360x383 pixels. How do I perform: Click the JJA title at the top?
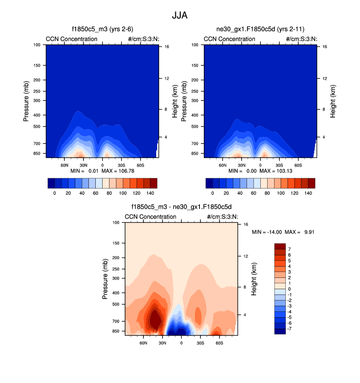(180, 15)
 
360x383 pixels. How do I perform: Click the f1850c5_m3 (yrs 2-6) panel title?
(102, 29)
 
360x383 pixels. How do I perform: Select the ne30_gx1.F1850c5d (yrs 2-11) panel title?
(260, 29)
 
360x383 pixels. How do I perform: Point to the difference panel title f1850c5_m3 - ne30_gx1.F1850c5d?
(181, 207)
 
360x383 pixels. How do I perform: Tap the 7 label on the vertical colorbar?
(289, 249)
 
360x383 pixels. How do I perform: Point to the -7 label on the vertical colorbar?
(290, 328)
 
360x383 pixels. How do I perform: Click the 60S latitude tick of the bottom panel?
(219, 343)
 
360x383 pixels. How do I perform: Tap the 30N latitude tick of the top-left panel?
(83, 165)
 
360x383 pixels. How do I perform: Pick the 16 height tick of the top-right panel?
(325, 47)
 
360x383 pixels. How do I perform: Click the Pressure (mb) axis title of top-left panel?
(26, 101)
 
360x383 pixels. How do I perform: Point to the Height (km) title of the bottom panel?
(254, 278)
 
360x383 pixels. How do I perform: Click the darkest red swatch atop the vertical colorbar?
(279, 246)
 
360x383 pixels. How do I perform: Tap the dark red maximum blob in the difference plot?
(155, 320)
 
